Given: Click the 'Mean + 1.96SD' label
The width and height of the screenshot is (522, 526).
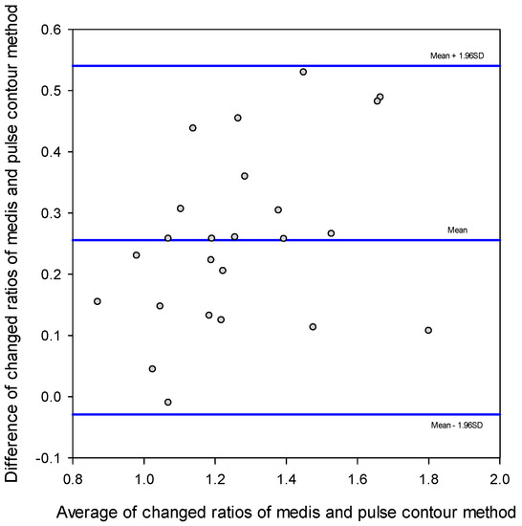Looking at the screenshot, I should coord(457,56).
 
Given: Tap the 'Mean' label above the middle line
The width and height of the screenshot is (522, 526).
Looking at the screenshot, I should coord(457,230).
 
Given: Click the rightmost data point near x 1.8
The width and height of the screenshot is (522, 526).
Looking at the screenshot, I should coord(428,330).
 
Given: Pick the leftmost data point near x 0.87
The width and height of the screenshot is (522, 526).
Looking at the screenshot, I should coord(98,301).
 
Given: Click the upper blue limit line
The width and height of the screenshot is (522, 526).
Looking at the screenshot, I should coord(287,66).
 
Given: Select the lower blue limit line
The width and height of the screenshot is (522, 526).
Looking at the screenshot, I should coord(287,414).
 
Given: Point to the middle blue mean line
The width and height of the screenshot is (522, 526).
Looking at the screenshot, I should coord(287,240).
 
